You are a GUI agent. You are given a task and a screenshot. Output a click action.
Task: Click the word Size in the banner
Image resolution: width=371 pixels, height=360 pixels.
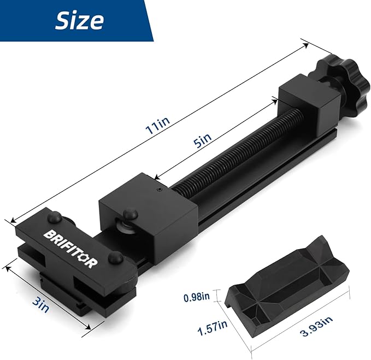click(x=79, y=20)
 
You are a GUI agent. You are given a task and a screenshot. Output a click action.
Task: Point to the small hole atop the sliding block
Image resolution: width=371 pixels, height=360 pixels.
click(x=158, y=189)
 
